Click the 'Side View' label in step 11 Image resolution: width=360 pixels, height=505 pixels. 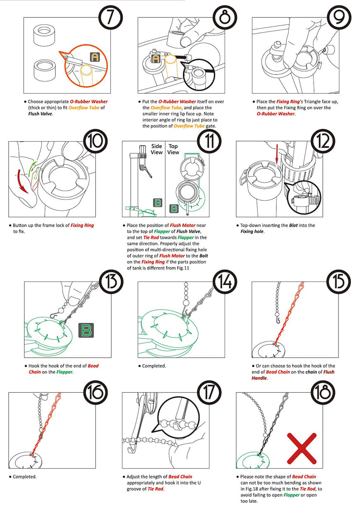click(x=156, y=149)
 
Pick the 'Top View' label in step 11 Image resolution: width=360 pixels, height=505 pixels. click(x=173, y=149)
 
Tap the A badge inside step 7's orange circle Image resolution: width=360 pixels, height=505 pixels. click(x=95, y=57)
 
